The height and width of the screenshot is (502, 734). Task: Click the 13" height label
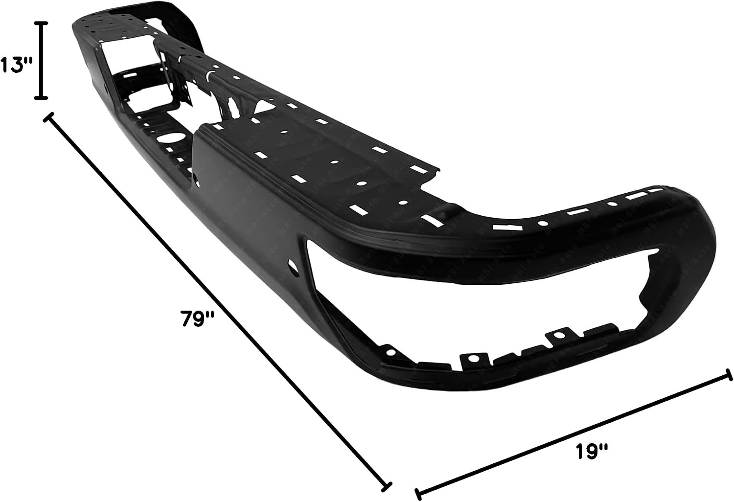[15, 64]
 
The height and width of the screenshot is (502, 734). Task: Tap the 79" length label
[197, 319]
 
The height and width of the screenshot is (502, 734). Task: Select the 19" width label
[592, 452]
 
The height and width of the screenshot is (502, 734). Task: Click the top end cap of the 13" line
[41, 23]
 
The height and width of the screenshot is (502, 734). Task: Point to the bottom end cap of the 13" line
[41, 97]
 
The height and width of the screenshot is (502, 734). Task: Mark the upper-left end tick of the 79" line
[48, 117]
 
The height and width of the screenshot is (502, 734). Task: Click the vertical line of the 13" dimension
[41, 60]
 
